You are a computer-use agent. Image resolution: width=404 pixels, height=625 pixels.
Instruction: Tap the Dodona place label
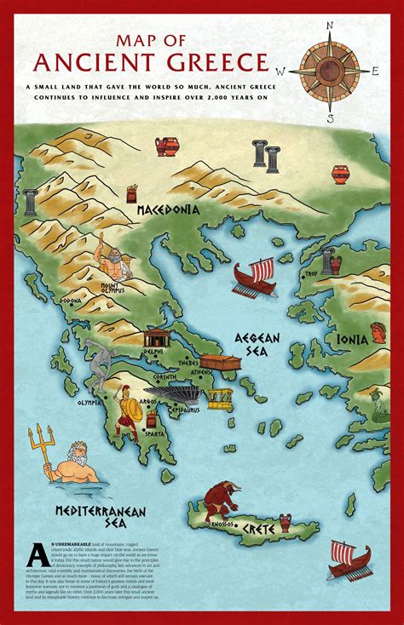tap(72, 301)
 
